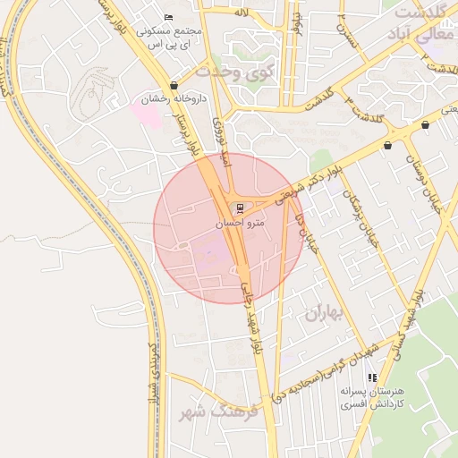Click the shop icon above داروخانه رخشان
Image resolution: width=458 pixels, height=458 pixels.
pos(174,86)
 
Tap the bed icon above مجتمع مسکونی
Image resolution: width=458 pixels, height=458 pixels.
pos(169,17)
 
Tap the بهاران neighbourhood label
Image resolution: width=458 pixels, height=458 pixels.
pos(324,314)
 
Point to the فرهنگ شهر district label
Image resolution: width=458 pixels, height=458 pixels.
pos(217,412)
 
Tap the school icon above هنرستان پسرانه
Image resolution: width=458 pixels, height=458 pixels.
pos(372,378)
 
